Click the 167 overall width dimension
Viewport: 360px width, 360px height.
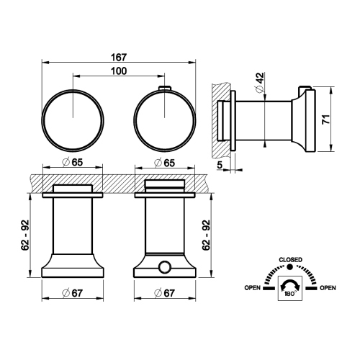(x=120, y=57)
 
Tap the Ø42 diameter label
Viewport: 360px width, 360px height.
(x=257, y=80)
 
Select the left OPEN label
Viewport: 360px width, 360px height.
(x=252, y=288)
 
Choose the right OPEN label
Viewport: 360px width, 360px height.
(x=328, y=288)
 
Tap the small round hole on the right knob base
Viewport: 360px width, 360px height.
(x=164, y=268)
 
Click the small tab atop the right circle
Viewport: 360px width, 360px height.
(x=164, y=88)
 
